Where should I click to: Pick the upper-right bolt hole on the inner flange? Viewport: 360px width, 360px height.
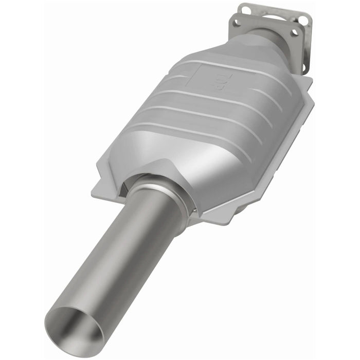(x=296, y=32)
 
